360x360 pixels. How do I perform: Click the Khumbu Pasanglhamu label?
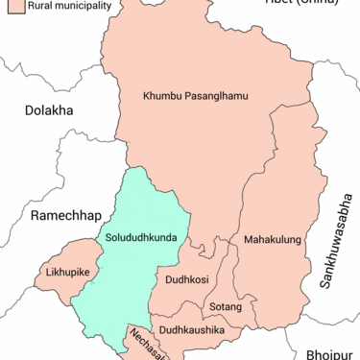[x=196, y=97]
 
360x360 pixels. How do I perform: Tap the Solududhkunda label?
[x=141, y=237]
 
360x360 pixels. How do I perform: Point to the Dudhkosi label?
[x=187, y=280]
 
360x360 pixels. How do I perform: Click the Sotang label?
[x=226, y=307]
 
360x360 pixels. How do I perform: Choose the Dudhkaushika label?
[x=192, y=330]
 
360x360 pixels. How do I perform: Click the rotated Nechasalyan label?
[x=143, y=343]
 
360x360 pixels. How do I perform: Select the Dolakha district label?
[x=50, y=110]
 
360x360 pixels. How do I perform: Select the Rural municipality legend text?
[x=69, y=5]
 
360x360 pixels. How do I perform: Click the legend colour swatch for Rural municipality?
[x=13, y=5]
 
